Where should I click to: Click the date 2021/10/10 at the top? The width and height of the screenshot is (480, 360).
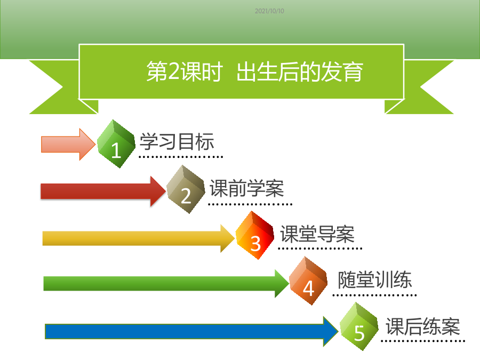[x=269, y=11]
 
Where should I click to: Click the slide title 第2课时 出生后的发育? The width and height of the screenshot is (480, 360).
[x=255, y=71]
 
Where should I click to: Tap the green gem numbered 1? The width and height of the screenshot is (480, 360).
[x=116, y=144]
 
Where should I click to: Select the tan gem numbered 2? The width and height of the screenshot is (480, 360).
[x=186, y=189]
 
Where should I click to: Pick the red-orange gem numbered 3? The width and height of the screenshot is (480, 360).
[x=255, y=235]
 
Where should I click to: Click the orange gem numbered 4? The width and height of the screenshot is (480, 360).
[x=308, y=281]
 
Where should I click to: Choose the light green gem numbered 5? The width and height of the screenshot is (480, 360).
[x=359, y=326]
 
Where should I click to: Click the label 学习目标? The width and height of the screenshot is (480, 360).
[x=177, y=141]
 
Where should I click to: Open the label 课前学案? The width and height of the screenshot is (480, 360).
[x=247, y=188]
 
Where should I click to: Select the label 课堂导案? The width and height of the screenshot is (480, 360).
[x=317, y=234]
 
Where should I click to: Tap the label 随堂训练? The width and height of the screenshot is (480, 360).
[x=375, y=279]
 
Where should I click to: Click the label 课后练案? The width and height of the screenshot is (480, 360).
[x=423, y=326]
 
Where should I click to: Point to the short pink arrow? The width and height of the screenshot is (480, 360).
[x=68, y=144]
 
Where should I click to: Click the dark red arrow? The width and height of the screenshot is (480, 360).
[x=103, y=191]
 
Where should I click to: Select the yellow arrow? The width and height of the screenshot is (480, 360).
[x=139, y=238]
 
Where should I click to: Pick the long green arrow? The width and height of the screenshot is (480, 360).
[x=166, y=284]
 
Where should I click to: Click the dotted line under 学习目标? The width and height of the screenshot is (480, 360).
[x=181, y=157]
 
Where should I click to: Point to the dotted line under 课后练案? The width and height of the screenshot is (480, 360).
[x=423, y=341]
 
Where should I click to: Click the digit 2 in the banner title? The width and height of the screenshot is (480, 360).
[x=173, y=71]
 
